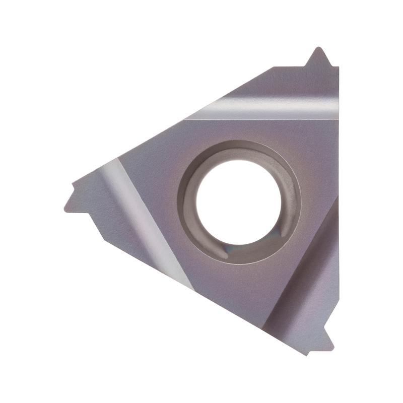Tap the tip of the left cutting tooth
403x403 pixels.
click(x=65, y=208)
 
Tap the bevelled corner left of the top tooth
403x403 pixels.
click(x=275, y=67)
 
